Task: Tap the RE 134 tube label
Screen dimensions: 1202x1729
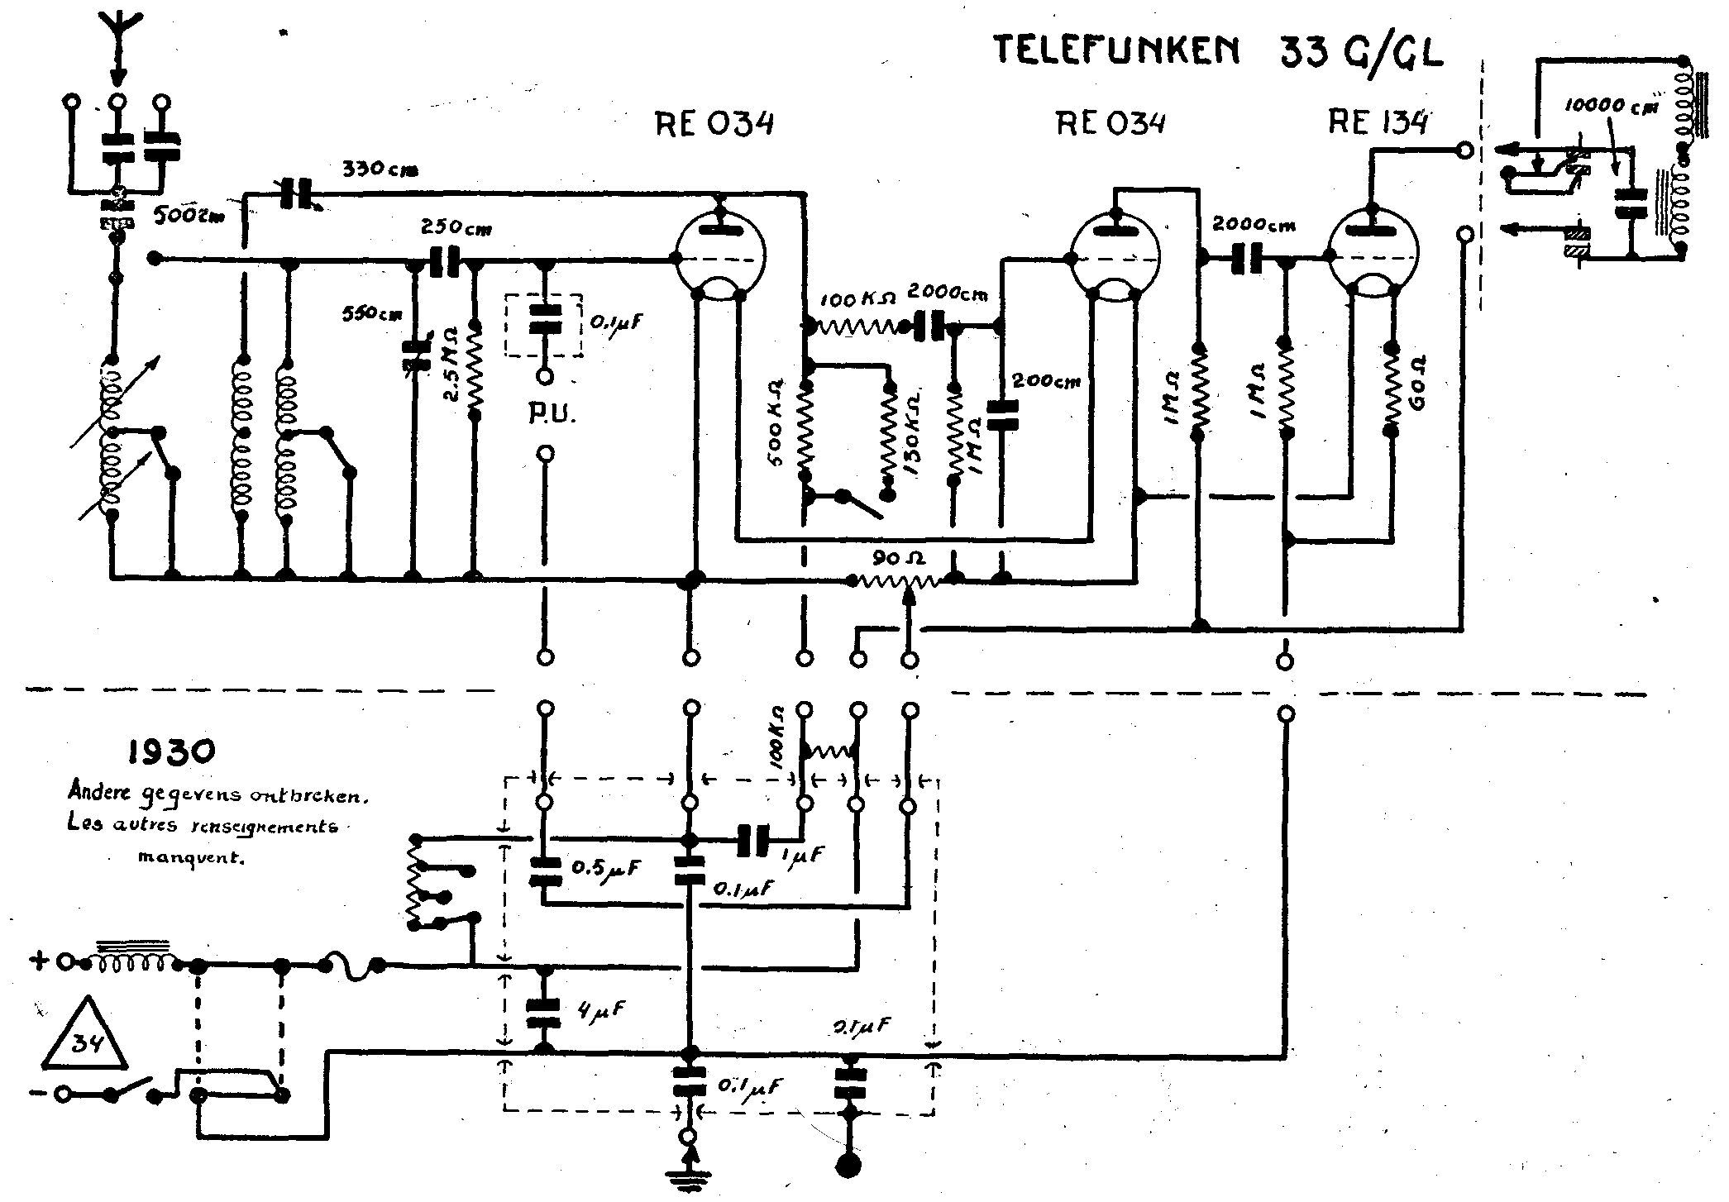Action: click(1378, 122)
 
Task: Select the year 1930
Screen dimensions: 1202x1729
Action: click(172, 751)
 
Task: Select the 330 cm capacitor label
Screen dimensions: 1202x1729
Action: click(380, 170)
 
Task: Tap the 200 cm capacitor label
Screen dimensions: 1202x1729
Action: click(1046, 381)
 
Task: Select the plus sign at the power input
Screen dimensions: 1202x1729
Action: click(38, 961)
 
